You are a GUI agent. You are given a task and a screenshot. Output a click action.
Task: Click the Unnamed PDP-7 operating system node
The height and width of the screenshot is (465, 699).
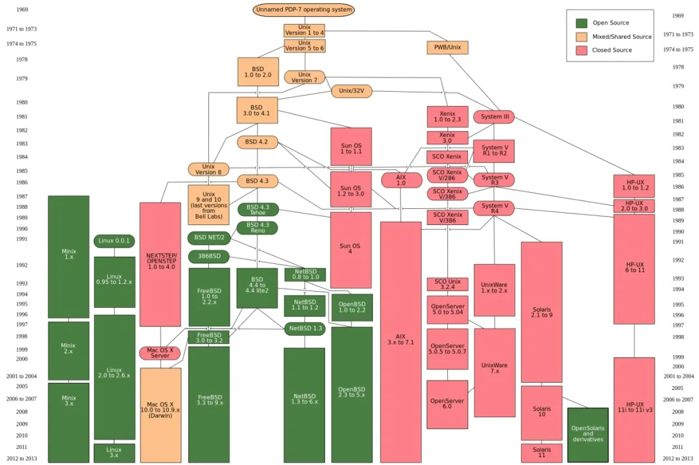point(304,10)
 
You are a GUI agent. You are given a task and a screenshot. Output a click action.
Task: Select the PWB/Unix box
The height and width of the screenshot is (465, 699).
point(447,47)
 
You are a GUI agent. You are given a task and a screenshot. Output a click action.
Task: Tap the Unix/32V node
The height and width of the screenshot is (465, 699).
point(351,91)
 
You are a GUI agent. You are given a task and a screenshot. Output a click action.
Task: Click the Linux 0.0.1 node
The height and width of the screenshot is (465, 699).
point(115,241)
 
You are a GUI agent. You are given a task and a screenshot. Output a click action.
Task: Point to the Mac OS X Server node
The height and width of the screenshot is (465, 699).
point(160,353)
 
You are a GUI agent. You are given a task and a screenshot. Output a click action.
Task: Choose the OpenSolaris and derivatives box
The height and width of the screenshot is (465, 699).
point(588,435)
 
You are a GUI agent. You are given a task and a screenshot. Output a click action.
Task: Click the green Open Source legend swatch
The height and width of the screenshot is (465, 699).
point(582,23)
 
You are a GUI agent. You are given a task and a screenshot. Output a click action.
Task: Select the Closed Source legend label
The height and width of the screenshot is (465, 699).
point(612,50)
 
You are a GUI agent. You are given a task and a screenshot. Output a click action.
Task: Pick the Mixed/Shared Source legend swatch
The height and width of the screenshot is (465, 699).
point(582,37)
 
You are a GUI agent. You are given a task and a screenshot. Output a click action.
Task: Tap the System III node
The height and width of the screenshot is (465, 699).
point(494,117)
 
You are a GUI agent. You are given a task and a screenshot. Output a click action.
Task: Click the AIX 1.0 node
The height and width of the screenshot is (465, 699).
point(401,180)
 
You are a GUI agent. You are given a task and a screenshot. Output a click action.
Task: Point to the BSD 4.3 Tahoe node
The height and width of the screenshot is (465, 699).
point(258,210)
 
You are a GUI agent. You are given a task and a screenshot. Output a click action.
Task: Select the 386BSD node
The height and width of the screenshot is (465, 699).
point(209,257)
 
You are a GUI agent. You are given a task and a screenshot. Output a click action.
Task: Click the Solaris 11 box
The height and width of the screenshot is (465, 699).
point(542,453)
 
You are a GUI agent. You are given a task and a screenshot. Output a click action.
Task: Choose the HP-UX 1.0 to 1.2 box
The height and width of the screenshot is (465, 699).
point(634,186)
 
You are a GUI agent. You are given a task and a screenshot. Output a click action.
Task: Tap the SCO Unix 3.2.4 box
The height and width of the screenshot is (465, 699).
point(447,285)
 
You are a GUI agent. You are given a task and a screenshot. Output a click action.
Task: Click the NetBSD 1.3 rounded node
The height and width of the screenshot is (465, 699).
point(305,329)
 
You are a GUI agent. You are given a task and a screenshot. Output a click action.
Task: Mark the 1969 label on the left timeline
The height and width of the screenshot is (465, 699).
point(22,10)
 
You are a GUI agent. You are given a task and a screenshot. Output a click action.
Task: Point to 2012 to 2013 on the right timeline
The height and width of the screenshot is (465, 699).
point(678,459)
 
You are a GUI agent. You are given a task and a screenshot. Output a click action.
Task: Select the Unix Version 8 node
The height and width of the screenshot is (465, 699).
point(208,169)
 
